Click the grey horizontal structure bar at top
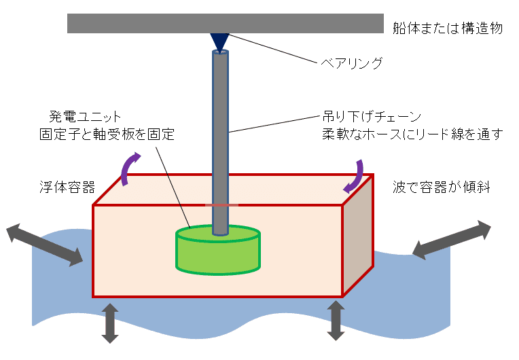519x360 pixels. point(225,23)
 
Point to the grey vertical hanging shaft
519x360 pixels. point(219,136)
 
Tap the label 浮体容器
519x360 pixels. point(66,186)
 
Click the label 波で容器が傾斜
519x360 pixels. point(441,186)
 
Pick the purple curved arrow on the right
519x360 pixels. point(356,176)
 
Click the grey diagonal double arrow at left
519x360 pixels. point(45,245)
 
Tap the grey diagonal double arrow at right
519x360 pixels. point(451,239)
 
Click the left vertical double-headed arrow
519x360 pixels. point(109,323)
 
